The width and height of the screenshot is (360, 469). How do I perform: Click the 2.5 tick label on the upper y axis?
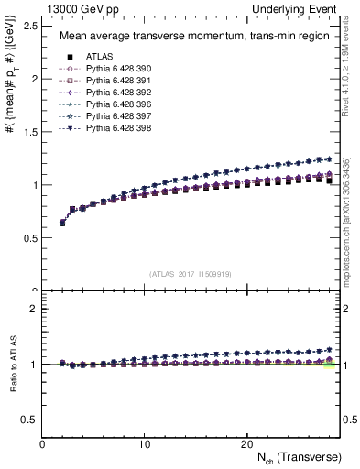click(29, 26)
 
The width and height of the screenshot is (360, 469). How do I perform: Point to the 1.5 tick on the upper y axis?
click(29, 132)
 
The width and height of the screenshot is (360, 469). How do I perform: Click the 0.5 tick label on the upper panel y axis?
click(29, 238)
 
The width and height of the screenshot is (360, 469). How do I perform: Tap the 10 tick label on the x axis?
click(144, 443)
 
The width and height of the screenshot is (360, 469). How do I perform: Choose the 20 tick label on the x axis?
click(245, 443)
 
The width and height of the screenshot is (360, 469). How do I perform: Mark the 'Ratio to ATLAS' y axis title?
click(12, 364)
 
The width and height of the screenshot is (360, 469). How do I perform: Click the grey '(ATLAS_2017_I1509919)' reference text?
click(191, 273)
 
